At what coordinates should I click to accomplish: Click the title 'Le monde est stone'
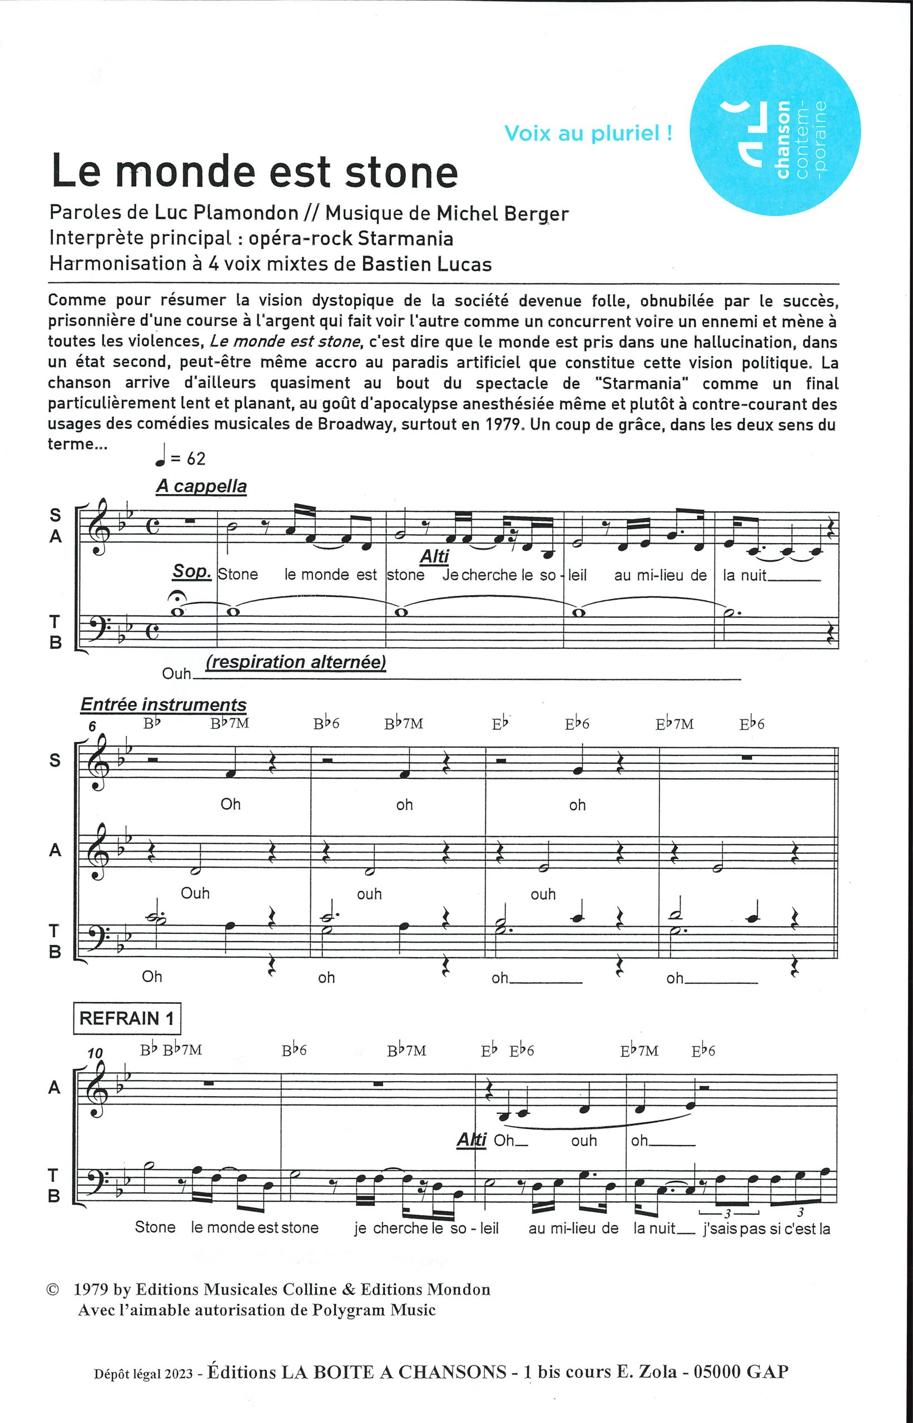tap(255, 172)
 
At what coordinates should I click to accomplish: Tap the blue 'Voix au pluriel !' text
tap(588, 133)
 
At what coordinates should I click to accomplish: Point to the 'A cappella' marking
tap(201, 486)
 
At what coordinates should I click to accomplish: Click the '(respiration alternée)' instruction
tap(296, 662)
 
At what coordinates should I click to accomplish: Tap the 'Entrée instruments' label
tap(163, 705)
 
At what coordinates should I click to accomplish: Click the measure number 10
tap(95, 1053)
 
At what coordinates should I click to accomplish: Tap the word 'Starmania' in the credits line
tap(405, 238)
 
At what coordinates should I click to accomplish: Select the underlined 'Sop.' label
tap(192, 572)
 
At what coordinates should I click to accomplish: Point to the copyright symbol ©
tap(53, 1289)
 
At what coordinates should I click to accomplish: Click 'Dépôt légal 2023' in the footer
tap(145, 1372)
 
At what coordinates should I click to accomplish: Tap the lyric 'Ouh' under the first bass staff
tap(177, 674)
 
